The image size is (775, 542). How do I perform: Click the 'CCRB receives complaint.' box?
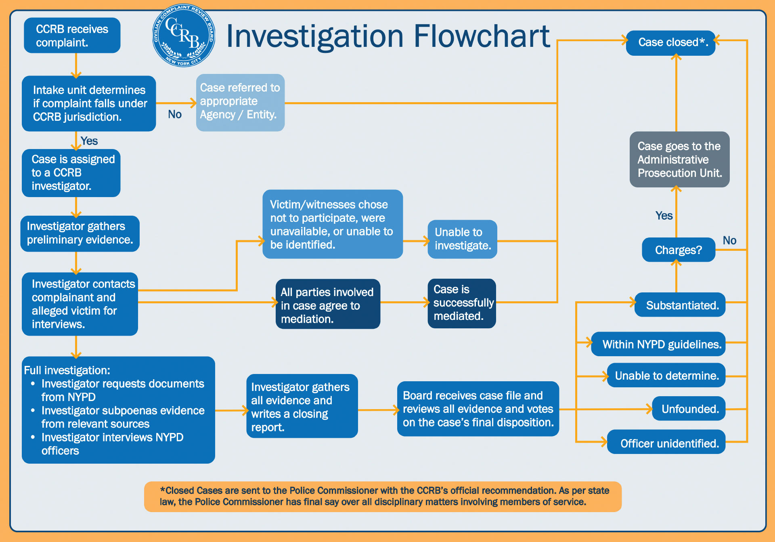72,36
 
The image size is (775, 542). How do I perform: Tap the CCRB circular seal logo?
184,36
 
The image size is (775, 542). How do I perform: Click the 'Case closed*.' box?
670,43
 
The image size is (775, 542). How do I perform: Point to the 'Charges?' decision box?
678,250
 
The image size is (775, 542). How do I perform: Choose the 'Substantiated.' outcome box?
680,305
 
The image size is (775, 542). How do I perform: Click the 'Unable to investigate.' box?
462,239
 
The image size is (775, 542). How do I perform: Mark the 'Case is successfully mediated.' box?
462,303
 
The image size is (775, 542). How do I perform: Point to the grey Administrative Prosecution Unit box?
679,160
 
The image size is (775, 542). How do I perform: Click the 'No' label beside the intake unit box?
175,114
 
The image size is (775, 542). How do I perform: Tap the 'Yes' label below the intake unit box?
89,141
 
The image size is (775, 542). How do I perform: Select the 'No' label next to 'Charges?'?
729,241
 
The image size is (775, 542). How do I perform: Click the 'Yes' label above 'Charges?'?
664,216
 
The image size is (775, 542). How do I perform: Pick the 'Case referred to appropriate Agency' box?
240,102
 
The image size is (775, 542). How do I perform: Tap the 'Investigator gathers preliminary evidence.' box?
80,233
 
